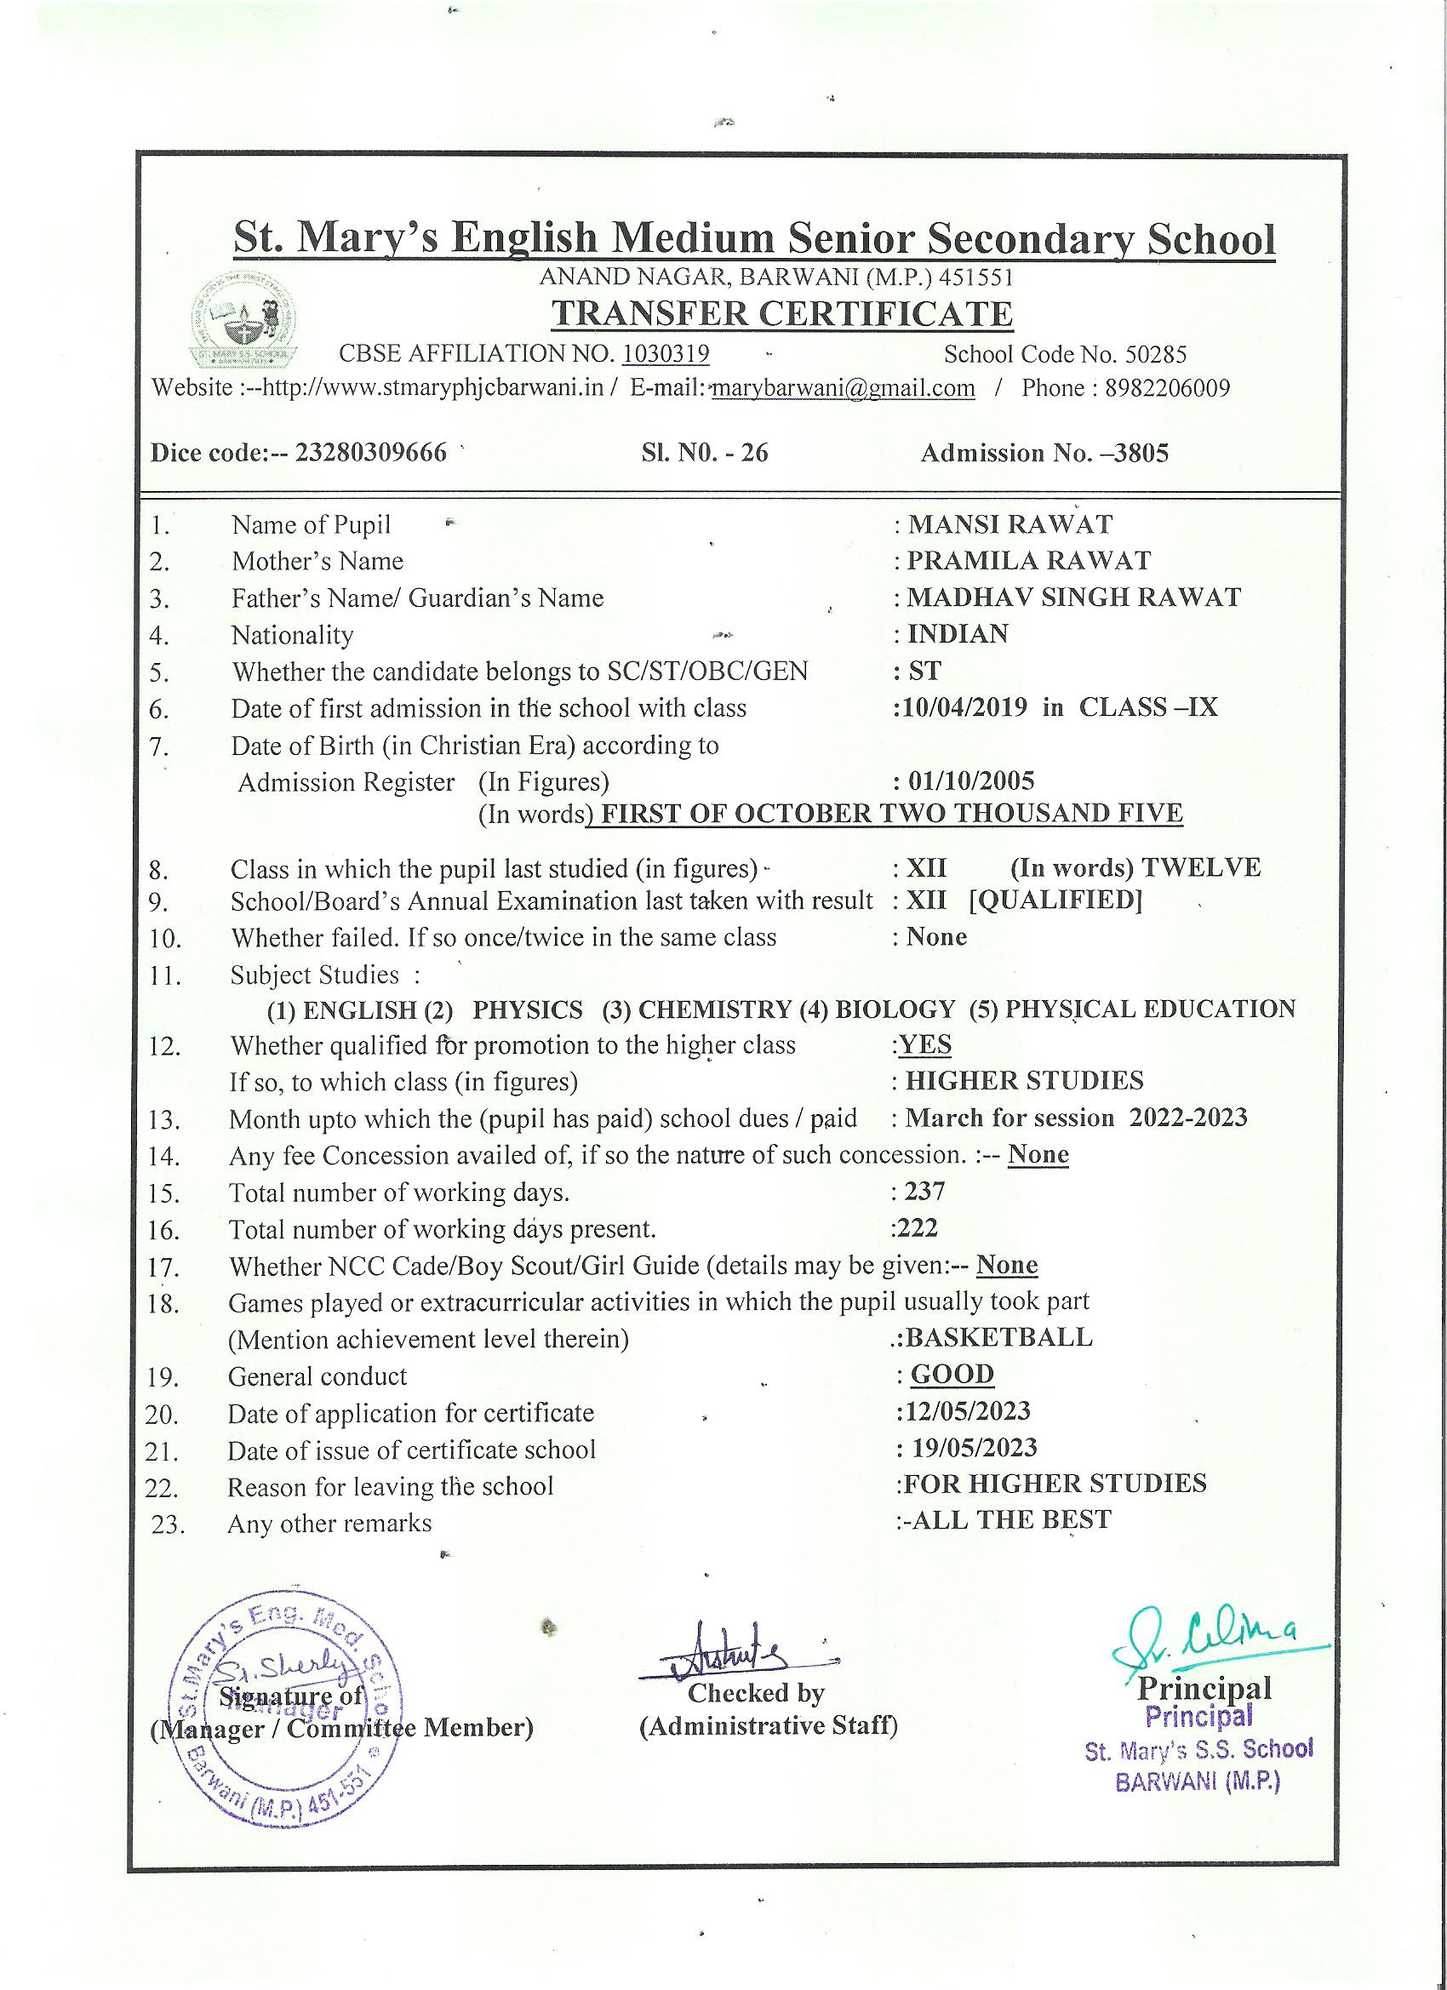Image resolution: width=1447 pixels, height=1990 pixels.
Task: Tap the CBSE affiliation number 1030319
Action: pyautogui.click(x=665, y=353)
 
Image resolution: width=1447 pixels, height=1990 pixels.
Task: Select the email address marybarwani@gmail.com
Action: pyautogui.click(x=844, y=389)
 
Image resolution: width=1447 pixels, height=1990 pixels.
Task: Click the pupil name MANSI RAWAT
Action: pyautogui.click(x=1009, y=524)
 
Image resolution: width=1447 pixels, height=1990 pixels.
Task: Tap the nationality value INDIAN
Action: pyautogui.click(x=958, y=633)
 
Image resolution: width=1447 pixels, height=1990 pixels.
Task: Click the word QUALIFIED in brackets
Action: pyautogui.click(x=1055, y=901)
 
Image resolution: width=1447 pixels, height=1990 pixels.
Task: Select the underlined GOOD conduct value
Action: pyautogui.click(x=952, y=1374)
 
